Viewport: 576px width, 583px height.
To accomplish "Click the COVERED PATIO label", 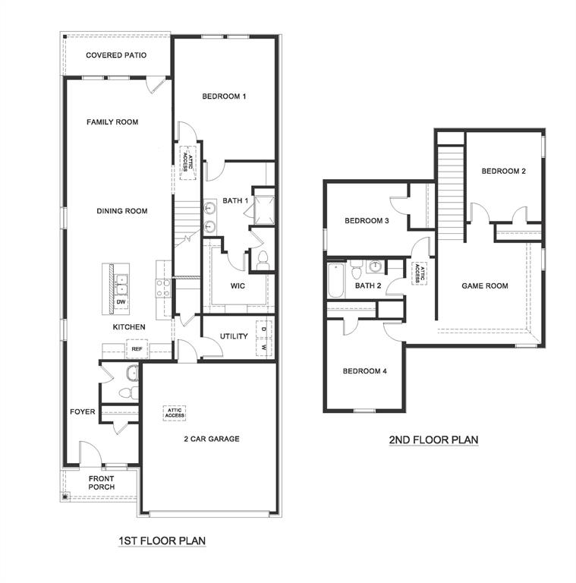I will click(116, 55).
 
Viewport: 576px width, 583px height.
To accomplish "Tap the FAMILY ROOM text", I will click(112, 121).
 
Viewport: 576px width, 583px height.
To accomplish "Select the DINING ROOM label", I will click(121, 211).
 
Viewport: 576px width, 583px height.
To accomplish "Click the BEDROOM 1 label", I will click(224, 96).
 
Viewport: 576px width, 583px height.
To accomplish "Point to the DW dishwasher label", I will click(121, 302).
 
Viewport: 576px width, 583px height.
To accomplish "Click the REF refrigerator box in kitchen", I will click(137, 349).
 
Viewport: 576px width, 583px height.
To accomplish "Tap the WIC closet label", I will click(238, 286).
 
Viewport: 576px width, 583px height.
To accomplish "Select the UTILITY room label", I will click(234, 336).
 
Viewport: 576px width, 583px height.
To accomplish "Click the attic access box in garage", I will click(175, 412).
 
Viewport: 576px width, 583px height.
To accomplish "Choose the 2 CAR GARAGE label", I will click(211, 439).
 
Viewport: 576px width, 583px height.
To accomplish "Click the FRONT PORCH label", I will click(101, 483).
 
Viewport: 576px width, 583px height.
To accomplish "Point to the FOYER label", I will click(83, 412).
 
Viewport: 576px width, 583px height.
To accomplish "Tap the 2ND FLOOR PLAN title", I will click(435, 440).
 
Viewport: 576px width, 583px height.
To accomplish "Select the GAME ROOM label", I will click(485, 286).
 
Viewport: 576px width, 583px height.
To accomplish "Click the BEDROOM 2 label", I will click(504, 172).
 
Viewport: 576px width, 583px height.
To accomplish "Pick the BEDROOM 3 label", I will click(367, 221).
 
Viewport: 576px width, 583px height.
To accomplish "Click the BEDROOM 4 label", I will click(364, 371).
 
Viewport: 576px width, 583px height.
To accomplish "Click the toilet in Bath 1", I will click(263, 261).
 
